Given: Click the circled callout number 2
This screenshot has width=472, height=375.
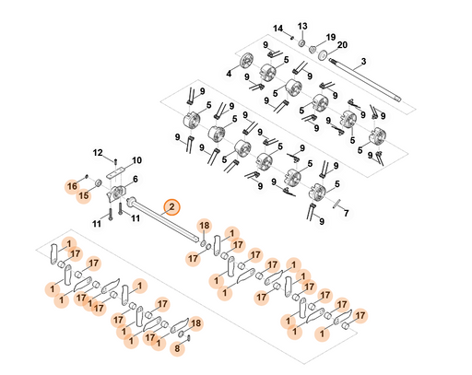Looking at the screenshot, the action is coord(171,207).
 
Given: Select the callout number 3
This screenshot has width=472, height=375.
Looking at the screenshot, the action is coord(363,62).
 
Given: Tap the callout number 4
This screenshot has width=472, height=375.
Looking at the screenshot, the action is coord(229,74).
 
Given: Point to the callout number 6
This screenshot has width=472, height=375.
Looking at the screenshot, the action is coord(136,179).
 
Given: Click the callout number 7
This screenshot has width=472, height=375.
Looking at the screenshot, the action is coord(347,213).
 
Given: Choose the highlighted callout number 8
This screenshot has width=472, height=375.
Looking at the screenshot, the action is coord(177,348).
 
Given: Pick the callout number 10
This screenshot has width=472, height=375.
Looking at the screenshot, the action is coord(136,160).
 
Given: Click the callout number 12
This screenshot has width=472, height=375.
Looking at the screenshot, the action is coord(98,153).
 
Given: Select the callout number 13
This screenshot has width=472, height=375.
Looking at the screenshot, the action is coord(302,26).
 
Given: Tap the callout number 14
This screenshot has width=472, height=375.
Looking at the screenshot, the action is coord(277,29).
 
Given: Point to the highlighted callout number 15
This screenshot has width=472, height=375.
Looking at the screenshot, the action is coord(84,195).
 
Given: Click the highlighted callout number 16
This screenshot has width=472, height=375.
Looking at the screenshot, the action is coord(72,186).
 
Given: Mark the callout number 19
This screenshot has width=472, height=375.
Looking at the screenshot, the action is coord(331,38).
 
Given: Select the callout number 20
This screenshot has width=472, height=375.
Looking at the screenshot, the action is coord(342,45).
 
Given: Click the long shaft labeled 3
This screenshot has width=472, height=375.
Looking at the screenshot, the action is coord(365,79).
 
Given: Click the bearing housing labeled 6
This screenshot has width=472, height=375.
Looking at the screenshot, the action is coord(116,193).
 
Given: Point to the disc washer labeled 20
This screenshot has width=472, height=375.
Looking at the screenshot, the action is coord(323,54).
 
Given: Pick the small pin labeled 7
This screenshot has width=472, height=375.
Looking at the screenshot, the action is coord(337,204).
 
